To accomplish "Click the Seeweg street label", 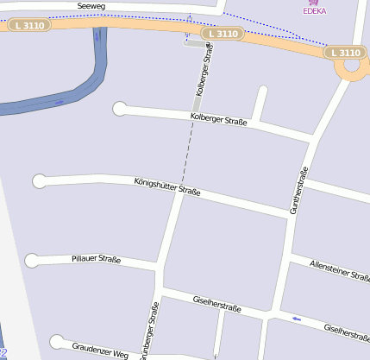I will [x=91, y=6].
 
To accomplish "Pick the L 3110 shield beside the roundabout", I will [x=344, y=53].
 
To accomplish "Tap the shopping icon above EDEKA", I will [x=312, y=3].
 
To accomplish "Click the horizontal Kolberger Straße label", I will [x=219, y=120].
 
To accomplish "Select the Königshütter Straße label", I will [x=167, y=186].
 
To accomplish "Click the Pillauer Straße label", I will [x=96, y=258].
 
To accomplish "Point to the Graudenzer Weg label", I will [x=100, y=351].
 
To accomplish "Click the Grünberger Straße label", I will [x=150, y=330].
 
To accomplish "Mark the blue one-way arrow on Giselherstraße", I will [x=298, y=320].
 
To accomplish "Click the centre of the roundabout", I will [x=352, y=66].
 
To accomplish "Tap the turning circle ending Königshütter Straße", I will [x=39, y=181].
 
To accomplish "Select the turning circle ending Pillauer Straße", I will [x=32, y=260].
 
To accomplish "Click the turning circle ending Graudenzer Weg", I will [x=57, y=342].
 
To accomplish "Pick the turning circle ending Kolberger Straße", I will [x=120, y=109].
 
